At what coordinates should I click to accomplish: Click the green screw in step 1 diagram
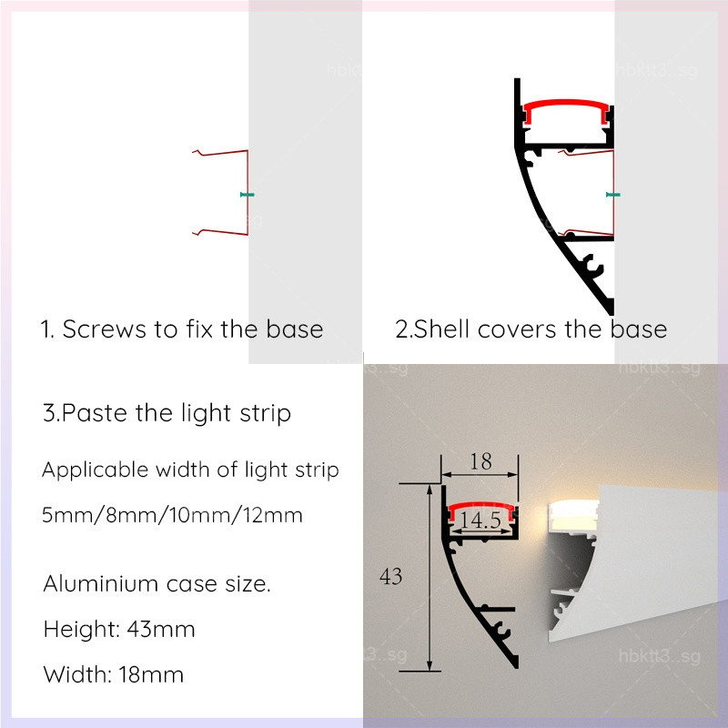click(247, 195)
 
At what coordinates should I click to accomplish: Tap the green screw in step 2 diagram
click(613, 195)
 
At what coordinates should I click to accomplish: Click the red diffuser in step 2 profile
click(566, 109)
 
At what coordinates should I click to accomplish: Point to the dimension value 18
click(480, 461)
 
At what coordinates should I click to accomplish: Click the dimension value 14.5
click(480, 520)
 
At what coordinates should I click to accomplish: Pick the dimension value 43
click(390, 577)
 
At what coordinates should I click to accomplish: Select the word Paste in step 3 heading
click(95, 413)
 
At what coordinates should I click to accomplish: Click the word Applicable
click(96, 470)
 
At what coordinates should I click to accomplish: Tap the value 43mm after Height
click(161, 630)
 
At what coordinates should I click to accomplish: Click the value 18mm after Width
click(151, 674)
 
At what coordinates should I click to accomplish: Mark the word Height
click(82, 630)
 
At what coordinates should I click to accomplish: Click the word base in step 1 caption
click(295, 329)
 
